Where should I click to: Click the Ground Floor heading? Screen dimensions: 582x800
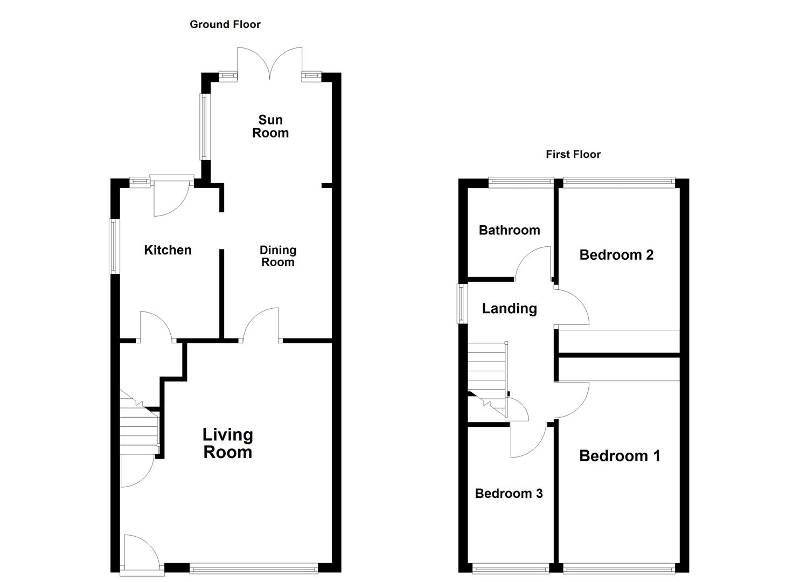click(x=225, y=24)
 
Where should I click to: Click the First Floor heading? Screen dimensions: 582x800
click(x=573, y=155)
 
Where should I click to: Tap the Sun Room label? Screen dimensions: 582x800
click(x=270, y=127)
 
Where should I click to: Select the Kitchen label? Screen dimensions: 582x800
click(x=168, y=250)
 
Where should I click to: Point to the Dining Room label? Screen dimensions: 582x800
click(x=277, y=256)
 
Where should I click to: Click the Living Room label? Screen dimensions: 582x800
click(x=227, y=443)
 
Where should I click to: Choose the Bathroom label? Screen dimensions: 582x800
click(x=509, y=230)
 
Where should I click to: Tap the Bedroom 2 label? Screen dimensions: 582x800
click(x=616, y=255)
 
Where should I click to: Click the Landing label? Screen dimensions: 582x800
click(x=509, y=308)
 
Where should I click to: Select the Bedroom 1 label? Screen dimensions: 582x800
click(x=620, y=456)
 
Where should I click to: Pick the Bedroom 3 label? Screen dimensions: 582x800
click(x=509, y=494)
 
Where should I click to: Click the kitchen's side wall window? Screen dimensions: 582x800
click(x=114, y=246)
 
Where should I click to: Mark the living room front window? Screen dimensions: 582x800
click(x=253, y=567)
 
